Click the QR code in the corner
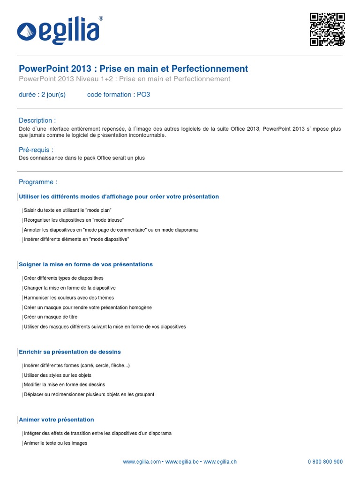[327, 29]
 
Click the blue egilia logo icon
[27, 31]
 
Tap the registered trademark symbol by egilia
[101, 19]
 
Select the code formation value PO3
[143, 95]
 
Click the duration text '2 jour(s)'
[53, 95]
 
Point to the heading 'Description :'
[37, 120]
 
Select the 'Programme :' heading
[38, 182]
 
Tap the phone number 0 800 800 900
[325, 462]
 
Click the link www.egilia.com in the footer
[142, 462]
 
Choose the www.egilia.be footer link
[182, 462]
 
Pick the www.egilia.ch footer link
[220, 462]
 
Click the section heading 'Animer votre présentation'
[56, 420]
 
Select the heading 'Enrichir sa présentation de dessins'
[69, 352]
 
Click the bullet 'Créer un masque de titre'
[51, 317]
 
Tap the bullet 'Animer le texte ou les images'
[55, 443]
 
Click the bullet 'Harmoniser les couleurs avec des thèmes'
[68, 298]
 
